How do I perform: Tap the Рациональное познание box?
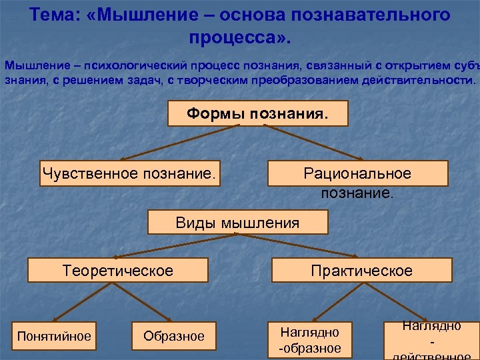tap(357, 174)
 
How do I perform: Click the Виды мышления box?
tap(237, 223)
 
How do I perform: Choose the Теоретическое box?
tap(117, 271)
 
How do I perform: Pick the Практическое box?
tap(361, 271)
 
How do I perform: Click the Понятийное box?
tap(54, 335)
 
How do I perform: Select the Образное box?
tap(174, 335)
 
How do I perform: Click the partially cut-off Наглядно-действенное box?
tap(431, 340)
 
